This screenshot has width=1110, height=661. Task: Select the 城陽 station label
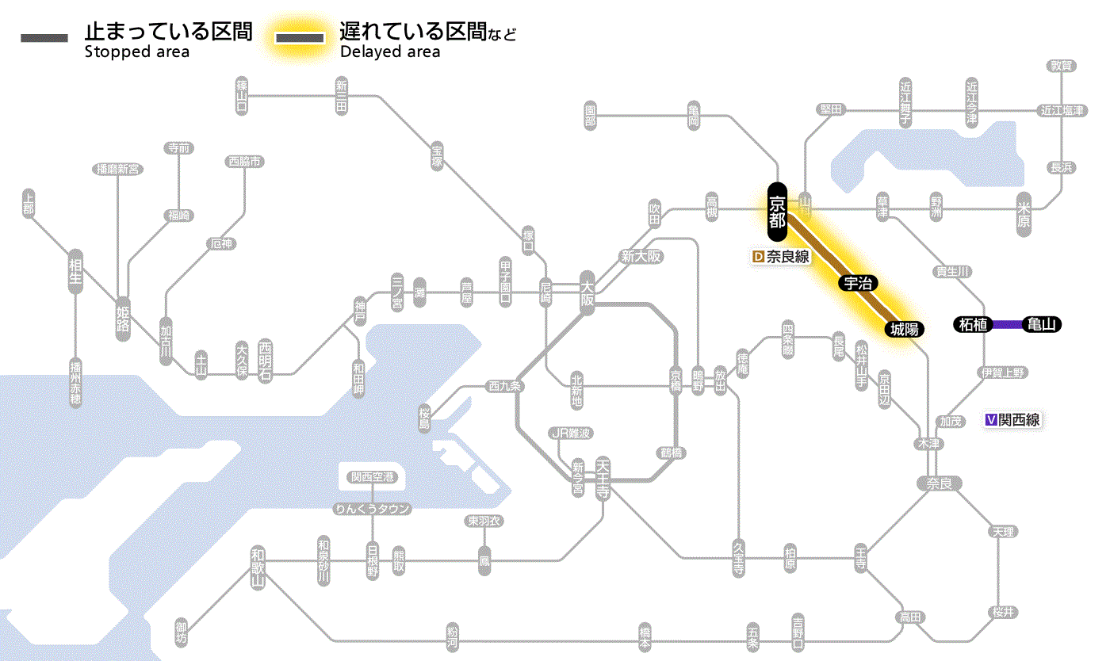(903, 328)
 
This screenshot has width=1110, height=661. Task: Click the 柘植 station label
(972, 324)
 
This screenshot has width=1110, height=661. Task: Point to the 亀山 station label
(1041, 324)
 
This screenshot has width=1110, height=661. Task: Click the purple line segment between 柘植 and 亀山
(1007, 324)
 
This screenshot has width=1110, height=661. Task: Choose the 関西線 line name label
(1019, 420)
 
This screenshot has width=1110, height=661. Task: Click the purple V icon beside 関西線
(990, 420)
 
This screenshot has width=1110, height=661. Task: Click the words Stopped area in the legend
(136, 52)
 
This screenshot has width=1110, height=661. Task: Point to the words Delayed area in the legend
(390, 52)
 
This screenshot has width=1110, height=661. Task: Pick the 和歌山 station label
(258, 567)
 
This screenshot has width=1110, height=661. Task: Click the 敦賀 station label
(1061, 66)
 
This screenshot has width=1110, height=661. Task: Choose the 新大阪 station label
(641, 256)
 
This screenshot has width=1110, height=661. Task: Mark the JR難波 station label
(572, 433)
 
